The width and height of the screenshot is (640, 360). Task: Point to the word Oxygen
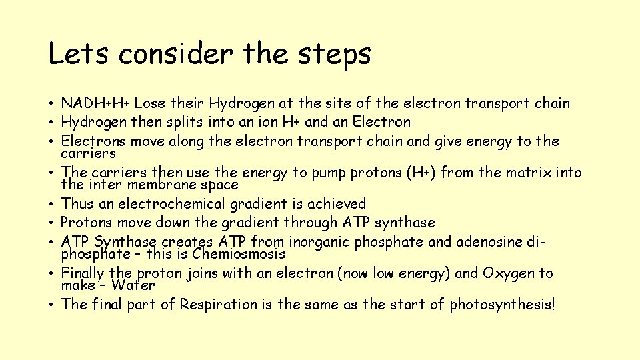pyautogui.click(x=509, y=273)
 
